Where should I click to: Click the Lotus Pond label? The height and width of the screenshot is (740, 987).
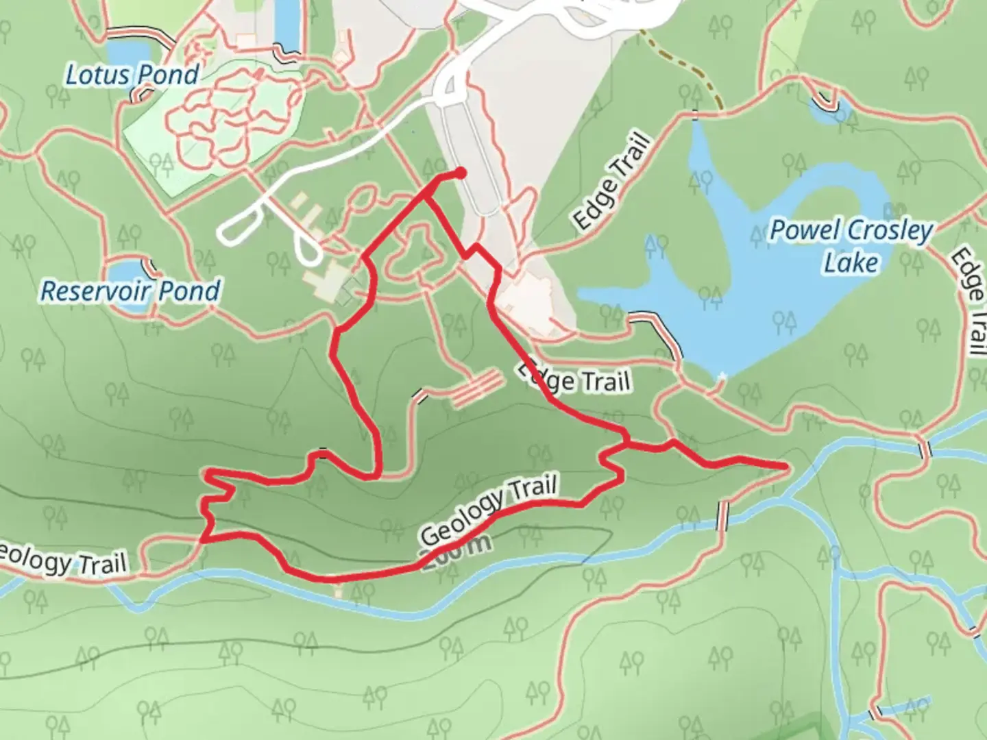coord(132,75)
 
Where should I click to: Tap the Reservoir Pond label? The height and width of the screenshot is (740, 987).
coord(130,291)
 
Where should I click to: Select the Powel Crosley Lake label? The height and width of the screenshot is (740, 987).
coord(851,245)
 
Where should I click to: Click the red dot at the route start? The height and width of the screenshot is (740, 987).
coord(461,173)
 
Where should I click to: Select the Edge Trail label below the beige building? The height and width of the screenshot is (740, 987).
coord(574,380)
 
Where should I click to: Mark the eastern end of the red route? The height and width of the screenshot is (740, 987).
coord(784,467)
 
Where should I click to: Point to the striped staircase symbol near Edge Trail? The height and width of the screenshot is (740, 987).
coord(476,388)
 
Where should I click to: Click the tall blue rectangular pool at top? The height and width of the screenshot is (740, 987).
coord(287,24)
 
